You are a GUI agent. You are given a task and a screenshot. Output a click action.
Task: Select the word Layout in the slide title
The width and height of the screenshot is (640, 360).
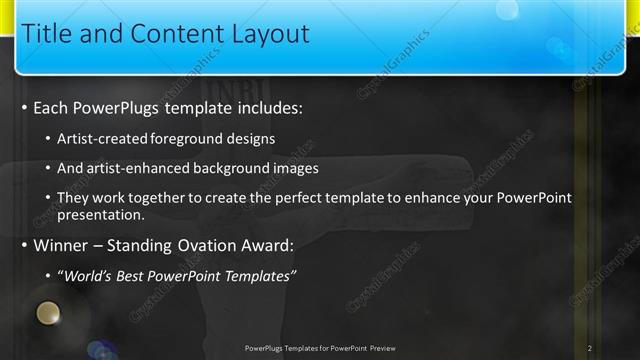[265, 34]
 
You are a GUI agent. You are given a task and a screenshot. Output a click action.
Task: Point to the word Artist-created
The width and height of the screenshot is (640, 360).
[105, 139]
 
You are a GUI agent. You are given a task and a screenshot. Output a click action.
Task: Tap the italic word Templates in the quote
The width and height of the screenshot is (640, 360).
[258, 276]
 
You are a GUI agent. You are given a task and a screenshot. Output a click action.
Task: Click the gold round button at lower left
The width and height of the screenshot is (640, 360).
[46, 317]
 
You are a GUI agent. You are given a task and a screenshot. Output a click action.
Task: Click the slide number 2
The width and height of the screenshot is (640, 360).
[590, 348]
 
